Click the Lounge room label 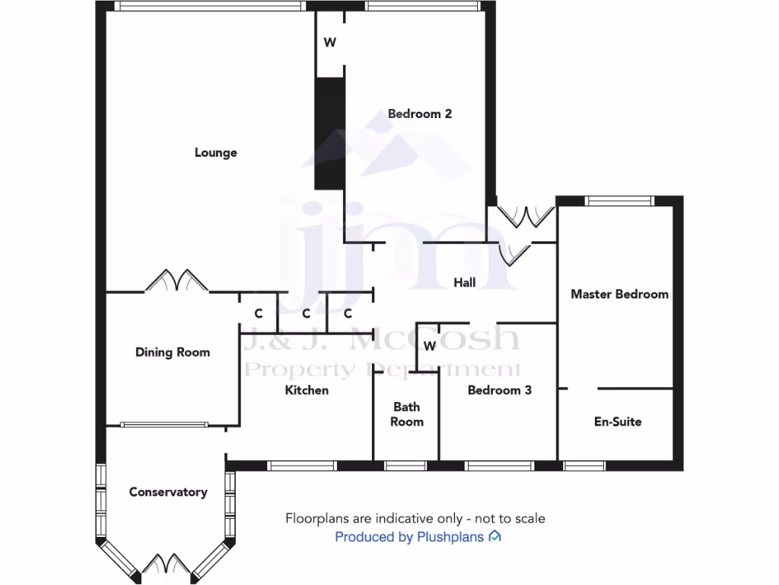(216, 152)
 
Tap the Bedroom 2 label (420, 113)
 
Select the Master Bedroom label (619, 294)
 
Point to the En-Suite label (618, 421)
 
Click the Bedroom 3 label (499, 390)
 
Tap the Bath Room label (407, 414)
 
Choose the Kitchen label (307, 390)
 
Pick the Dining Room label (172, 352)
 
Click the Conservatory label (168, 492)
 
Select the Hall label (464, 283)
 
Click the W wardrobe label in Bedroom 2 (329, 43)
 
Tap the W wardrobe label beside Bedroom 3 (429, 347)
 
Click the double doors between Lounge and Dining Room (176, 281)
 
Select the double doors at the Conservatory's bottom (165, 564)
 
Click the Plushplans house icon (494, 536)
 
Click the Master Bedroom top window (619, 201)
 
